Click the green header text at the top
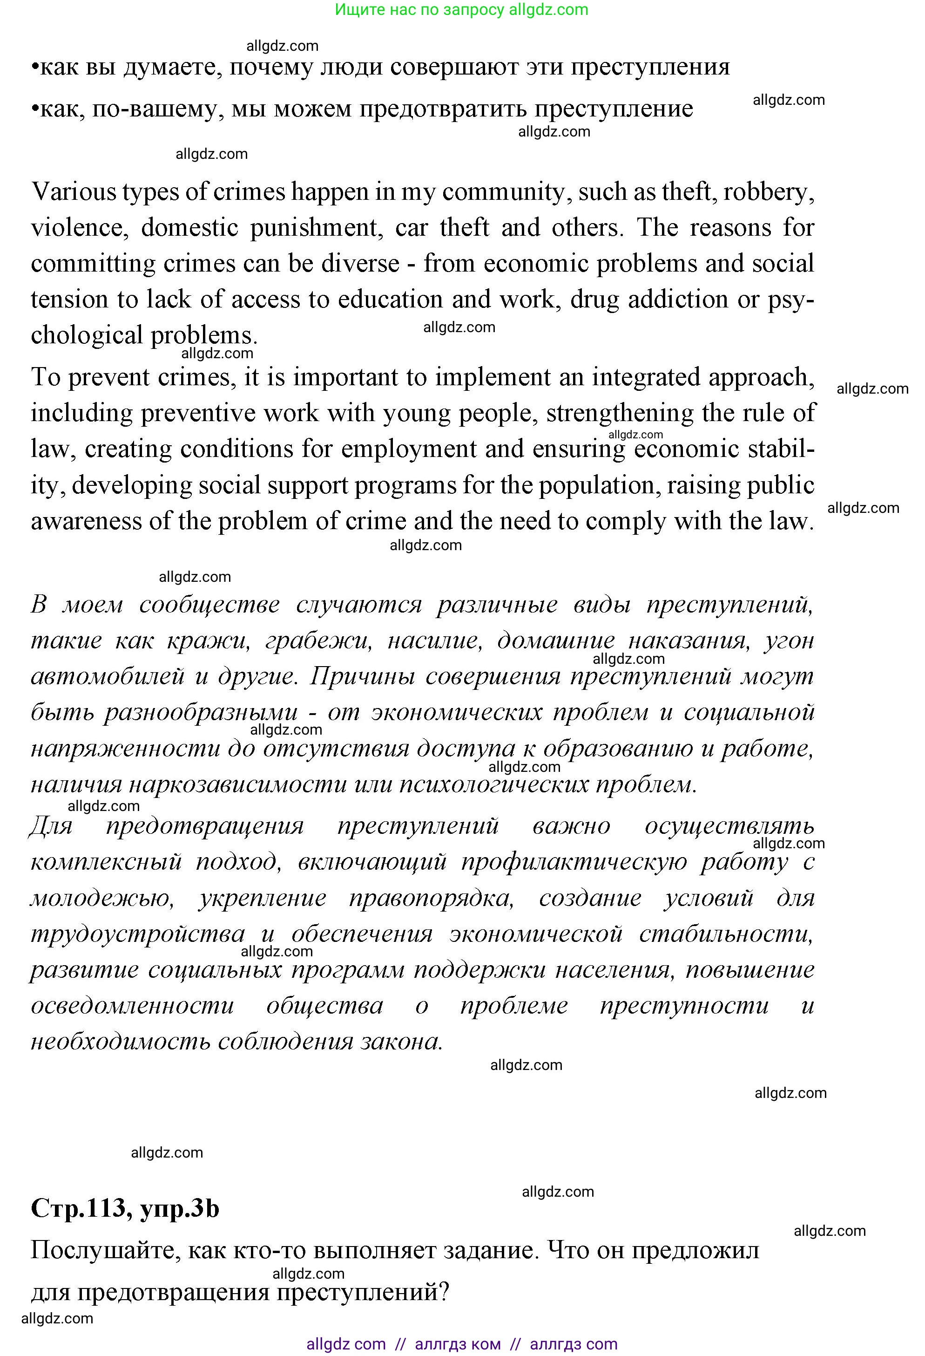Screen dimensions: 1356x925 pos(461,9)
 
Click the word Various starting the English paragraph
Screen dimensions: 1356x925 pos(74,191)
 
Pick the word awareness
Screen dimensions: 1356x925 pos(85,521)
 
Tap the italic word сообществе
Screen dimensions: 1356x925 pos(209,605)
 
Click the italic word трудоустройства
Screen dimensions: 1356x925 pos(138,934)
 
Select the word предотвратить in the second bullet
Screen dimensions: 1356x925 pos(443,109)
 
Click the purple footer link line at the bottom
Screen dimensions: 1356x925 pos(461,1344)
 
